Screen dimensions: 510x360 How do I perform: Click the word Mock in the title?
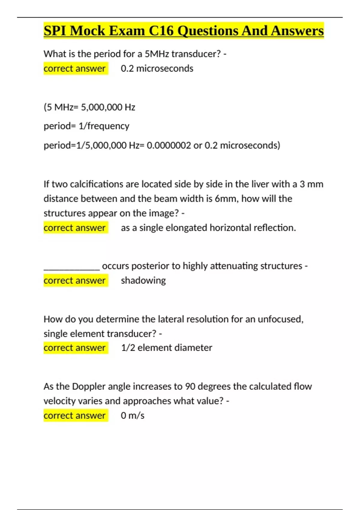pos(87,31)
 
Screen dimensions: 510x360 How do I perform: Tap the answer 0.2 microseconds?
pos(157,69)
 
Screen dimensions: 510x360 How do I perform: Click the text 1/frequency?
pos(104,126)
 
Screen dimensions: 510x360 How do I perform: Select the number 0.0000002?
pos(169,145)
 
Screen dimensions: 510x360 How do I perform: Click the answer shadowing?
pos(143,281)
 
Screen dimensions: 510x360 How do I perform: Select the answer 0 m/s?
pos(133,416)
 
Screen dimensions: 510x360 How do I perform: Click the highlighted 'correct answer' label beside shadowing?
pos(75,281)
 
